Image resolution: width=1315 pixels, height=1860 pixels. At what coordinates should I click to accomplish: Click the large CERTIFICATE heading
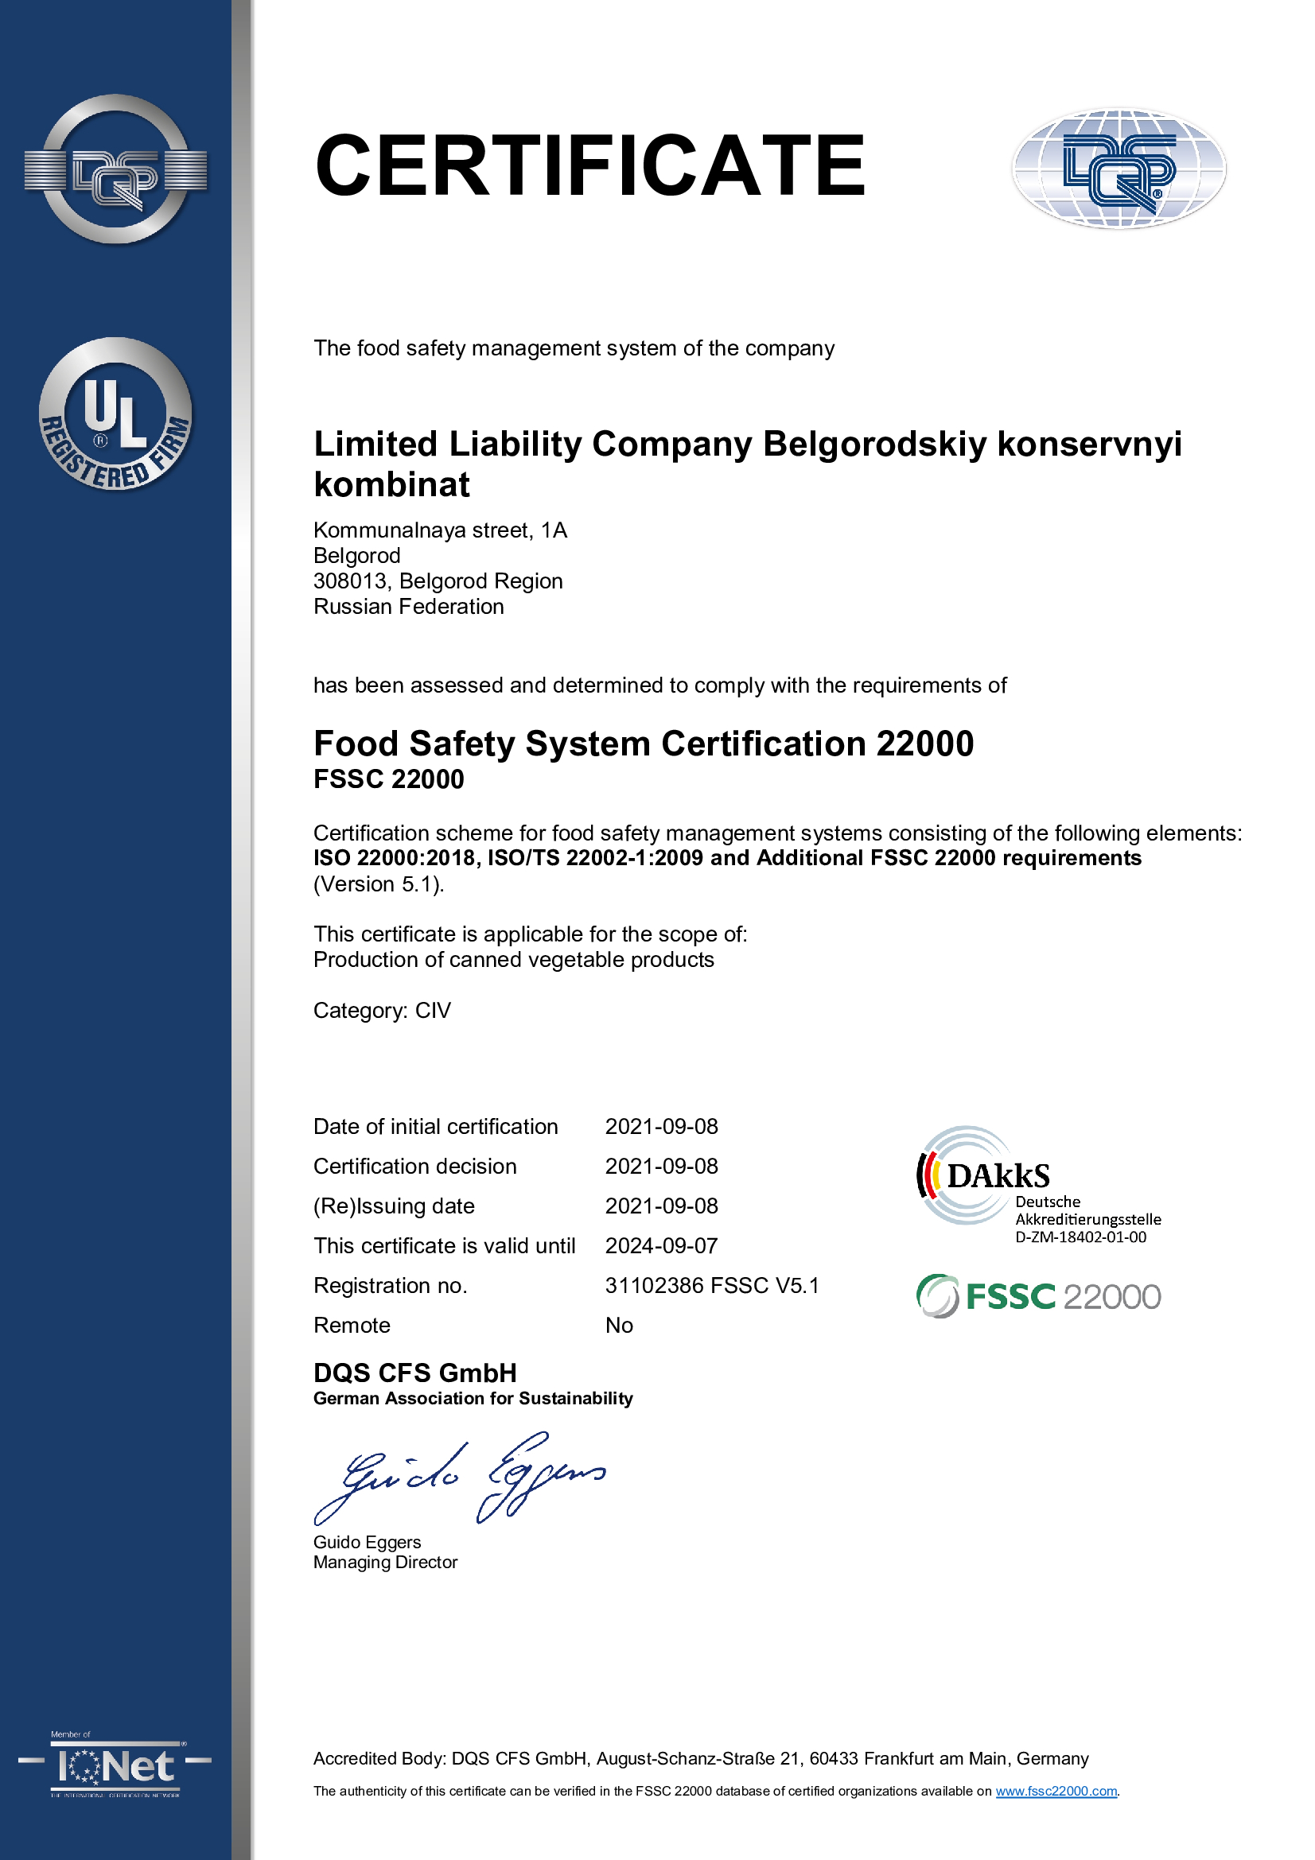click(x=589, y=166)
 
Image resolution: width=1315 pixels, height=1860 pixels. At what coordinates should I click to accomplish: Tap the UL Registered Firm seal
click(x=116, y=414)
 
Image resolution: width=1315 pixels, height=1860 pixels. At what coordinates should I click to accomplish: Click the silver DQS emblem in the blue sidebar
click(x=116, y=169)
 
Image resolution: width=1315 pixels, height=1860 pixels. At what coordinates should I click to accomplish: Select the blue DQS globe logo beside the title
click(x=1119, y=169)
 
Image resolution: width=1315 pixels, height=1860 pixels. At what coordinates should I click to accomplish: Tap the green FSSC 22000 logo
click(x=1039, y=1296)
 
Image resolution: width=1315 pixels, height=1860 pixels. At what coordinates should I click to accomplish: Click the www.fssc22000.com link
click(x=1056, y=1791)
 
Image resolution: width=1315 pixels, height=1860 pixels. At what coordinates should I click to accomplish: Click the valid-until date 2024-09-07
click(x=661, y=1246)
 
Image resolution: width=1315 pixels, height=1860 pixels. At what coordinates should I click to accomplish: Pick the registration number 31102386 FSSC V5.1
click(x=712, y=1286)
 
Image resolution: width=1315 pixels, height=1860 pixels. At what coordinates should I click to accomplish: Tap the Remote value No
click(x=619, y=1326)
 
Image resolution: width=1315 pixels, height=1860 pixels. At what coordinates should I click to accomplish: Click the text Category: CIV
click(x=382, y=1010)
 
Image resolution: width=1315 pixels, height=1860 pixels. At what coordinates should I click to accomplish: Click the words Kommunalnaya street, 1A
click(x=440, y=530)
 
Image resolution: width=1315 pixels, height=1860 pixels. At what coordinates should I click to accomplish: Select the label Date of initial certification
click(x=435, y=1127)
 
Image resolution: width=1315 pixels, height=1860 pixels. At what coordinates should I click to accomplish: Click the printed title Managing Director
click(x=386, y=1562)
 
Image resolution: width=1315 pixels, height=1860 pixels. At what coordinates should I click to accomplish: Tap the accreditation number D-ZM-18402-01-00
click(x=1081, y=1237)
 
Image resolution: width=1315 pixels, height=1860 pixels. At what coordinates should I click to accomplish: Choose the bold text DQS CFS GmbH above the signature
click(x=414, y=1373)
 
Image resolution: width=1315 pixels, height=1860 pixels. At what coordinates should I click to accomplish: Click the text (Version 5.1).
click(x=379, y=883)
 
